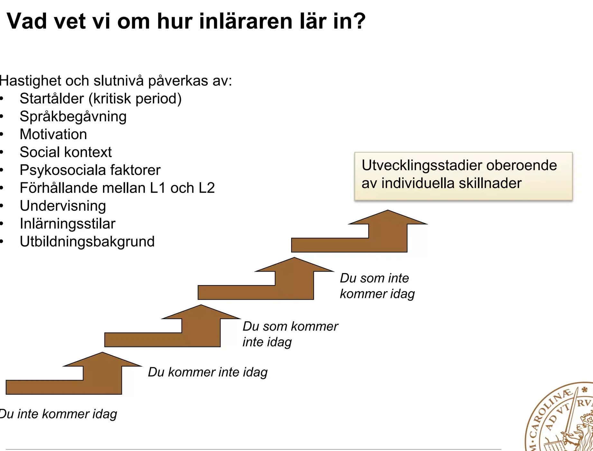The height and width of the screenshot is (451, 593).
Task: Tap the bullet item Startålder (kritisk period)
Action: (x=100, y=99)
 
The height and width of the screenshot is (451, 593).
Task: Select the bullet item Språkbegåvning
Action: (x=73, y=117)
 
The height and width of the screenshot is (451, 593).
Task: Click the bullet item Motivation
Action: (x=53, y=134)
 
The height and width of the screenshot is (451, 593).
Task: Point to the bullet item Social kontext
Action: (x=66, y=152)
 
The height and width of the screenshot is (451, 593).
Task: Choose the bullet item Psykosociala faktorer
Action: (x=90, y=170)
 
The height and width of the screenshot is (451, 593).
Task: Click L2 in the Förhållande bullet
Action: (x=207, y=188)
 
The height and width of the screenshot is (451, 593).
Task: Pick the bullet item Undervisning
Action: (x=63, y=206)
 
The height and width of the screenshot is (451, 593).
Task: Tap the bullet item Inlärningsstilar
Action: (x=68, y=224)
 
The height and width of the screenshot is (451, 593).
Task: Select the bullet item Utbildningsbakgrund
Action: (x=87, y=242)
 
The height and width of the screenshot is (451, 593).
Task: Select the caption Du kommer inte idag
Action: (x=208, y=372)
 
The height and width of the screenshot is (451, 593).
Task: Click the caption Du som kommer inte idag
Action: (x=290, y=334)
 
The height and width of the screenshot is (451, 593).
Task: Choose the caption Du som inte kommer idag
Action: (x=377, y=286)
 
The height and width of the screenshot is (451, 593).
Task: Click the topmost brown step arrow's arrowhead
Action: (x=388, y=217)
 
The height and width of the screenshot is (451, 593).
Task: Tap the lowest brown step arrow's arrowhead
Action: (x=102, y=360)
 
